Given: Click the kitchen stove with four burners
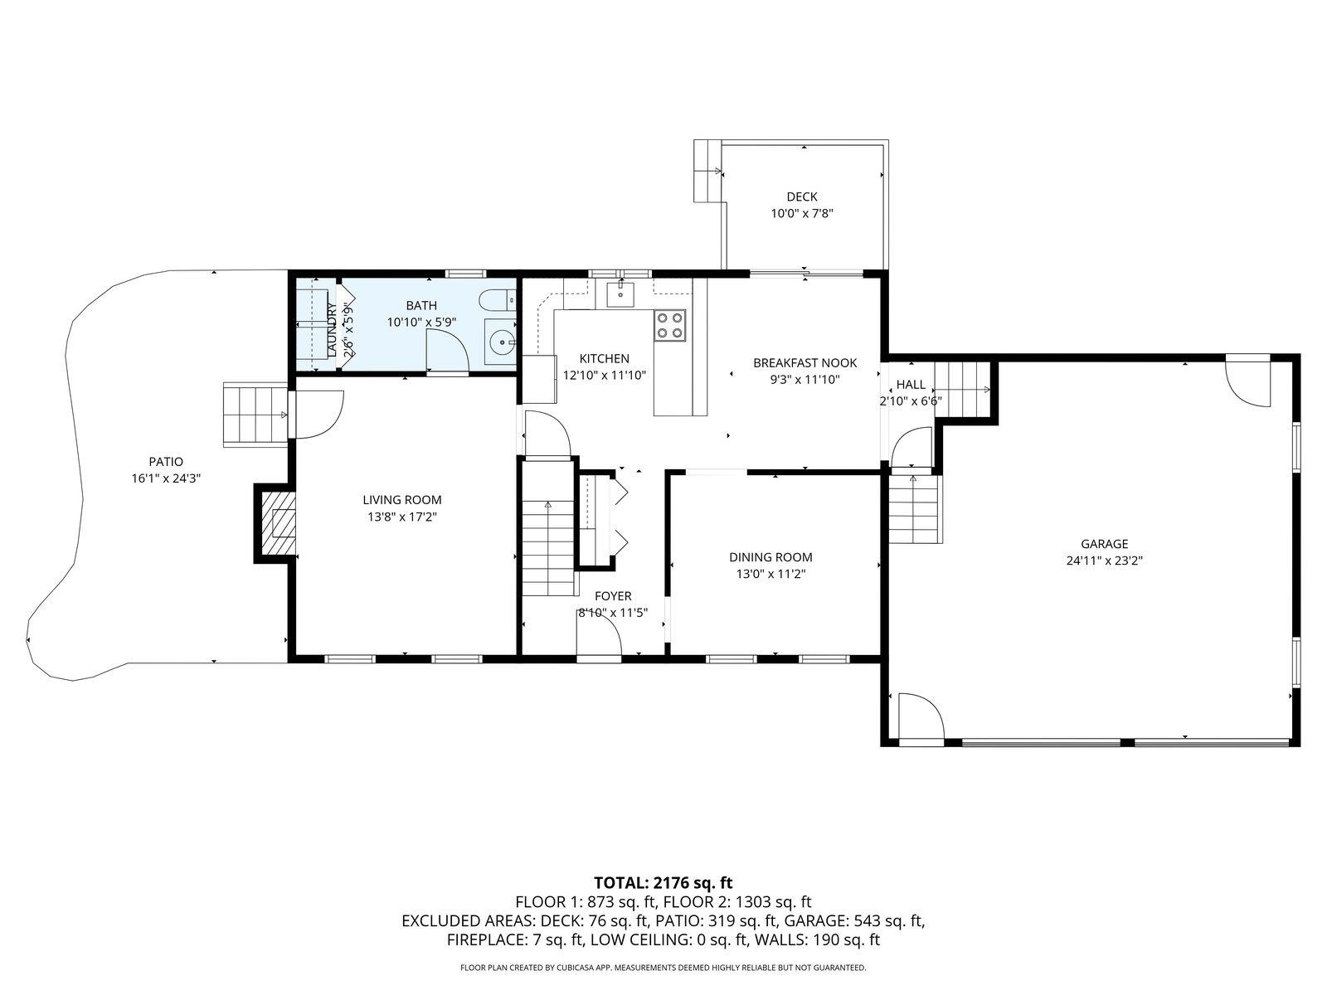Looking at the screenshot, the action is [670, 326].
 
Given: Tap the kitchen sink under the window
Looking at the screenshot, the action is [620, 294].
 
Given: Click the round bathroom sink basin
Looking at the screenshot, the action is [502, 342].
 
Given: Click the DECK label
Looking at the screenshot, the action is [802, 197].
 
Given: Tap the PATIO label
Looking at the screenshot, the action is [166, 462].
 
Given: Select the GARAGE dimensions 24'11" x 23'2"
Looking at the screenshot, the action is [1104, 560].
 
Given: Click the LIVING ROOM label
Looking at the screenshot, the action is [402, 500].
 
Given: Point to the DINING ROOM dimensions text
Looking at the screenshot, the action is [770, 573].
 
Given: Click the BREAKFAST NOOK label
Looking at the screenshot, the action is [804, 362].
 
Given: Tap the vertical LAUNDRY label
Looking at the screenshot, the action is [332, 328].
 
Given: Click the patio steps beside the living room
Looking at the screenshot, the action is [255, 415].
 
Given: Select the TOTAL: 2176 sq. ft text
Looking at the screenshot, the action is [663, 882].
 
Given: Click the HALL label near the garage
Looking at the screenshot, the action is [911, 384].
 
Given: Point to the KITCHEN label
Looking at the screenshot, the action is [604, 358].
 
